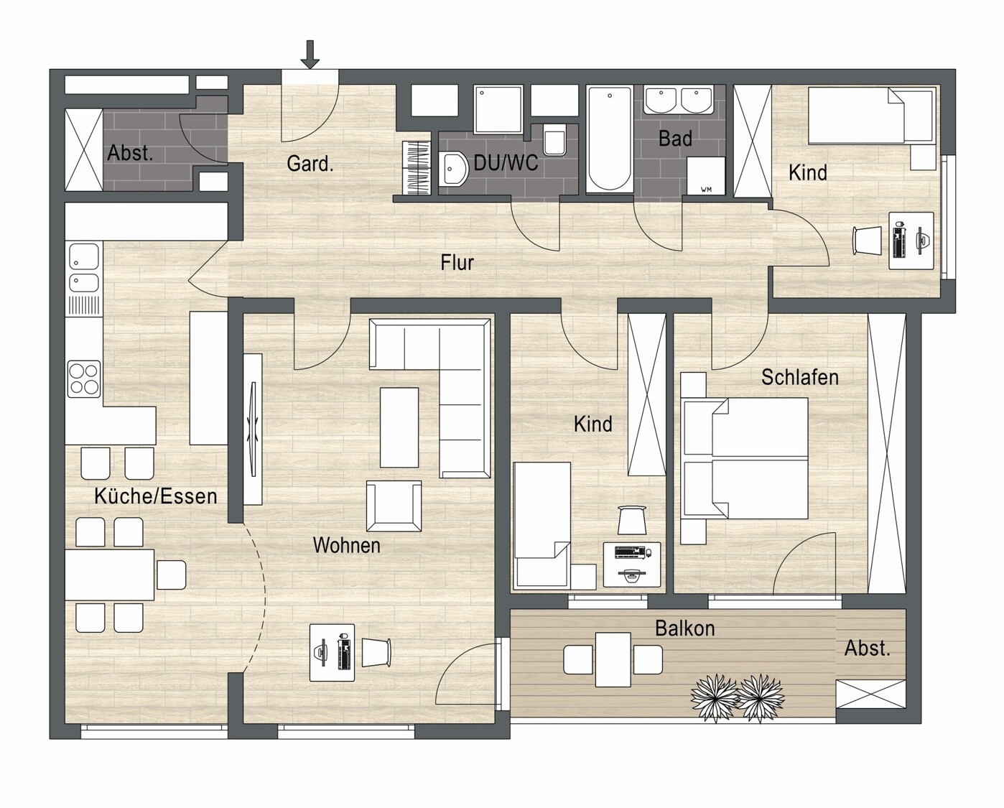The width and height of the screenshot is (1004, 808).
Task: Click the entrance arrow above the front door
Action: pos(310,55)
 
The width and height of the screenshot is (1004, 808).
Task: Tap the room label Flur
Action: pos(457,263)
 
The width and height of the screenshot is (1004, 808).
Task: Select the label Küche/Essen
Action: pos(156,496)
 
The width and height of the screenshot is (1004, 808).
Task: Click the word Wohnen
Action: pos(347,545)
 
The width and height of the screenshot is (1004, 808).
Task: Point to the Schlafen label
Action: pos(799,377)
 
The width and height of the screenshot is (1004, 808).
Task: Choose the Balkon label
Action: pos(685,628)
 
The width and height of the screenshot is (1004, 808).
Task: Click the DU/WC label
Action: pos(506,163)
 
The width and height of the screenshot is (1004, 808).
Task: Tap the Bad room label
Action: pos(675,139)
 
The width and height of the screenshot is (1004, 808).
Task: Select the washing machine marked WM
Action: pos(706,176)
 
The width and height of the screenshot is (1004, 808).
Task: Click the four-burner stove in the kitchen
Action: pos(84,379)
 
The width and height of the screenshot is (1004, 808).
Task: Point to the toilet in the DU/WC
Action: pos(554,139)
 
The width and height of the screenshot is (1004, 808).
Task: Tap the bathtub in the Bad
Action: pos(609,139)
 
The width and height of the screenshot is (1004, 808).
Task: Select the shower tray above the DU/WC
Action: pos(498,109)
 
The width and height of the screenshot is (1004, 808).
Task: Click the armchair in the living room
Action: pos(394,506)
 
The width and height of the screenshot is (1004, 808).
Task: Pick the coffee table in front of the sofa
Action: pos(399,427)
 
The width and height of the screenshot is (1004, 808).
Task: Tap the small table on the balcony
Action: pos(613,659)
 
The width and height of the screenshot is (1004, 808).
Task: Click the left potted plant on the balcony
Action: pos(713,698)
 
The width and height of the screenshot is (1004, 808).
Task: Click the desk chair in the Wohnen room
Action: pos(376,652)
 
